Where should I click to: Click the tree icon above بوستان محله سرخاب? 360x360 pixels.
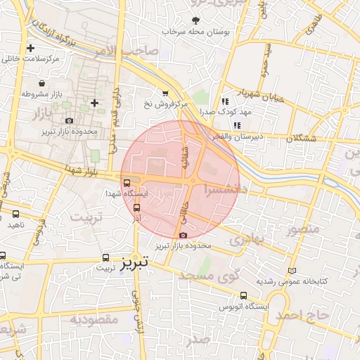tap(195, 20)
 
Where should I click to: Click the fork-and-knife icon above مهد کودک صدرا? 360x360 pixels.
tap(224, 100)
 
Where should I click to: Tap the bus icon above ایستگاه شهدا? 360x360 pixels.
tap(126, 183)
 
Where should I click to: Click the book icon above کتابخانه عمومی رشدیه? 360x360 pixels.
tap(292, 270)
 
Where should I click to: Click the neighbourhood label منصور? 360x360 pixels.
tap(303, 229)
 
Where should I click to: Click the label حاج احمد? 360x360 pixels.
tap(302, 314)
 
